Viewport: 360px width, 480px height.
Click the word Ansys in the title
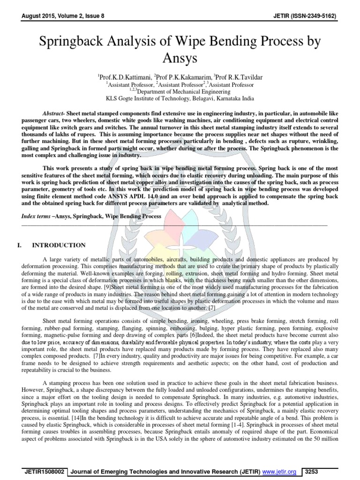tap(180, 58)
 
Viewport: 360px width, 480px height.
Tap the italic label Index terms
tap(36, 216)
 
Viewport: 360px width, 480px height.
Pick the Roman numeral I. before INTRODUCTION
tap(19, 245)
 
